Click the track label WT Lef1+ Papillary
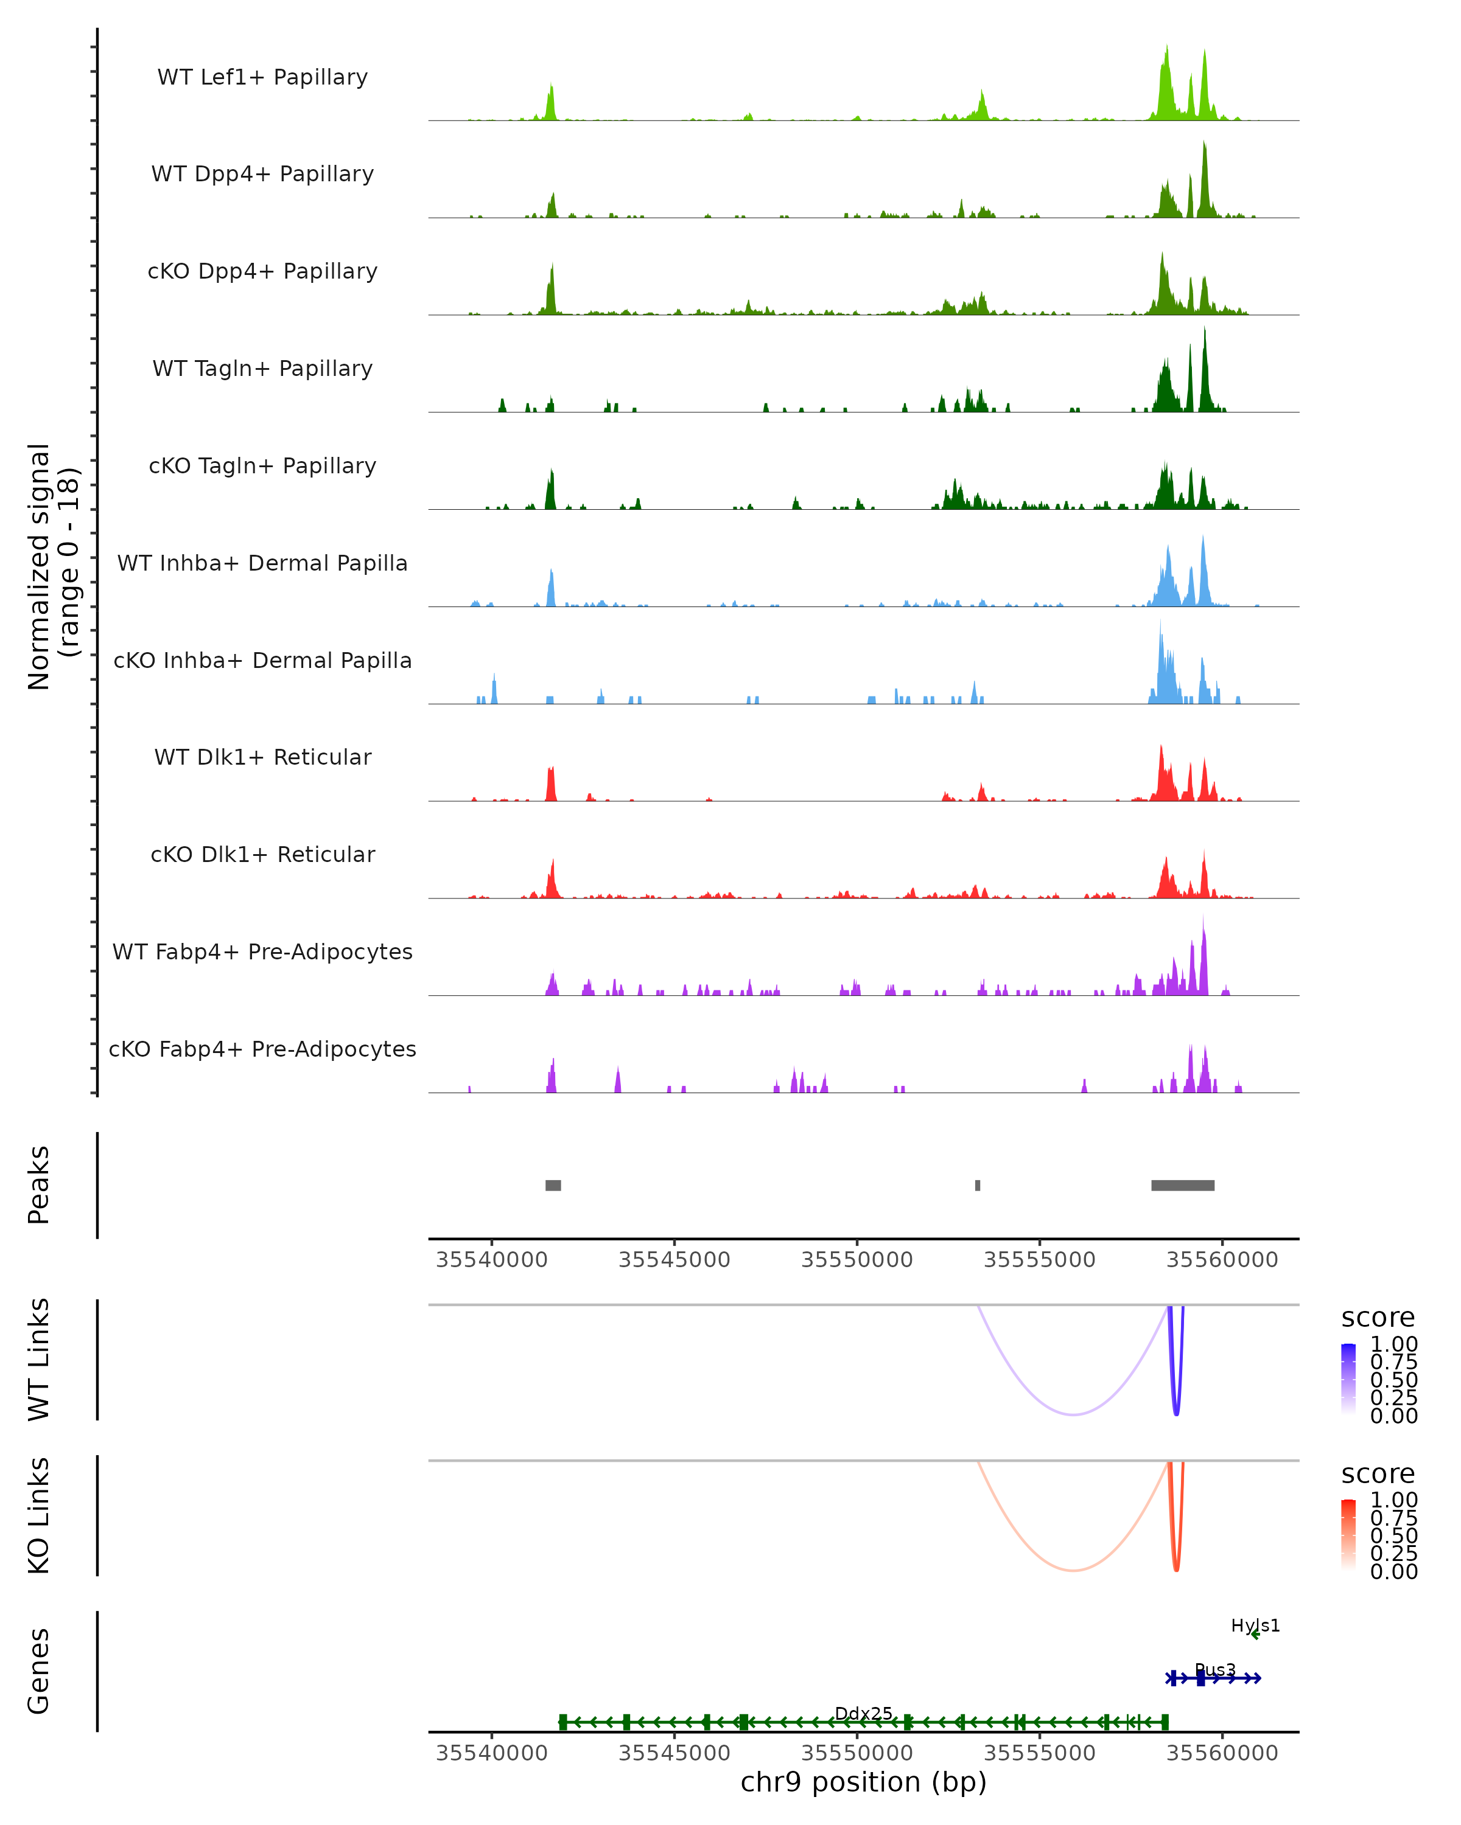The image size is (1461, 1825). (262, 77)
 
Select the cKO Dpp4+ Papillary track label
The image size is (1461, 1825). (262, 271)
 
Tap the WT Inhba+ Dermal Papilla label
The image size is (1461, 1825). (262, 563)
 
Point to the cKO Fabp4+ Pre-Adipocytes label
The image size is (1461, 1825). (262, 1049)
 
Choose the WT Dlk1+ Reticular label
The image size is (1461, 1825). (262, 757)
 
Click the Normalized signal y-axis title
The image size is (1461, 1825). (52, 566)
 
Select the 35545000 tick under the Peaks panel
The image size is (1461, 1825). (674, 1260)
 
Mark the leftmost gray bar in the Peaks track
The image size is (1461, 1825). (553, 1185)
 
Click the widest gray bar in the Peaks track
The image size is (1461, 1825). (1182, 1185)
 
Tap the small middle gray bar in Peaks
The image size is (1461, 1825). (978, 1185)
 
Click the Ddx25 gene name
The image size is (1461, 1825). (863, 1713)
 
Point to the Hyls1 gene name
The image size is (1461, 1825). (1255, 1625)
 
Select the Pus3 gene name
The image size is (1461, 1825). (1214, 1670)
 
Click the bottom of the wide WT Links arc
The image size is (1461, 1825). (1073, 1414)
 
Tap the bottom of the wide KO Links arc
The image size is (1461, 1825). (1073, 1570)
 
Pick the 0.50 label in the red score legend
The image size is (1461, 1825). (1393, 1535)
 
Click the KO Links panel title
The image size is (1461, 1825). (39, 1515)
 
